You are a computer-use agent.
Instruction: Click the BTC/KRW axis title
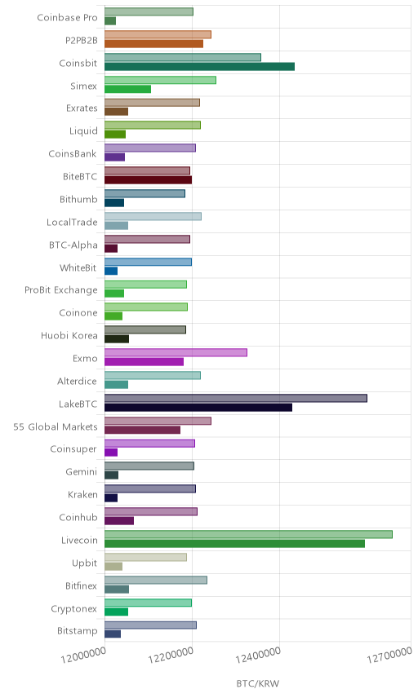point(257,683)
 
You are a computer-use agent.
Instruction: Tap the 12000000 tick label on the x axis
point(84,654)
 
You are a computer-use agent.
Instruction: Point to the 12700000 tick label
point(389,654)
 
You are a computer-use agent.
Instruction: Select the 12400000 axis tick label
point(259,654)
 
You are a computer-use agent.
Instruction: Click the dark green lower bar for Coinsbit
point(200,67)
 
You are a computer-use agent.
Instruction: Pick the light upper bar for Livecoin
point(249,534)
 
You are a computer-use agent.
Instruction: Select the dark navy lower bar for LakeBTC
point(198,408)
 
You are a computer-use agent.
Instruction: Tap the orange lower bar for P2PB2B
point(153,44)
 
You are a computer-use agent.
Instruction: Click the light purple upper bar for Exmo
point(176,352)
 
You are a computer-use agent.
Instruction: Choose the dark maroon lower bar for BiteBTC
point(149,180)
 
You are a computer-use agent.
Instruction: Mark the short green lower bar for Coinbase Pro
point(110,21)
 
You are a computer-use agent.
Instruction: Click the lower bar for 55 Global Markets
point(143,430)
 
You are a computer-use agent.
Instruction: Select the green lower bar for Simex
point(128,89)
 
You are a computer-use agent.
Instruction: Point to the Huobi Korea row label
point(69,336)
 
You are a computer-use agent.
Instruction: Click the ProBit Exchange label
point(61,290)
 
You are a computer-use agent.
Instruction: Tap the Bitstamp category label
point(77,631)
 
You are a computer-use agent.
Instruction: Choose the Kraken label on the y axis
point(82,495)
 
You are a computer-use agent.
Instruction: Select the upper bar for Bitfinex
point(156,580)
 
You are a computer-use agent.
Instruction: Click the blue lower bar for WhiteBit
point(111,271)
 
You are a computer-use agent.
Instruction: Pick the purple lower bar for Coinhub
point(119,521)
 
